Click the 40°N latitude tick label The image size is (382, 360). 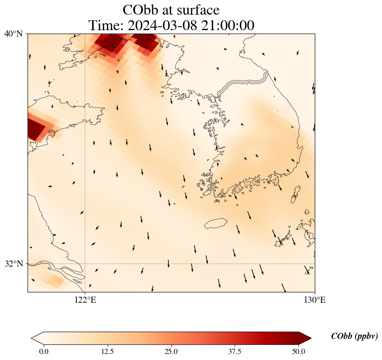pos(13,34)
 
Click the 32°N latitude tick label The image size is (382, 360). pos(13,264)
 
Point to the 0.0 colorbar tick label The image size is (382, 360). pos(43,351)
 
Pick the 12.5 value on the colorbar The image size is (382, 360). pos(107,351)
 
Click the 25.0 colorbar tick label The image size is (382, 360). pos(171,351)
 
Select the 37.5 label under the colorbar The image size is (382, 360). pos(235,351)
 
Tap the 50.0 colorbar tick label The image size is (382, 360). pos(298,351)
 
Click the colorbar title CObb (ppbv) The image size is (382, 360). pos(354,336)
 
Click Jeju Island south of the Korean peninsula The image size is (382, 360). pos(216,223)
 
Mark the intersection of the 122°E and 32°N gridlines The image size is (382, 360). pos(85,264)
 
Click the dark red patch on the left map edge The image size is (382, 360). pos(35,128)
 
